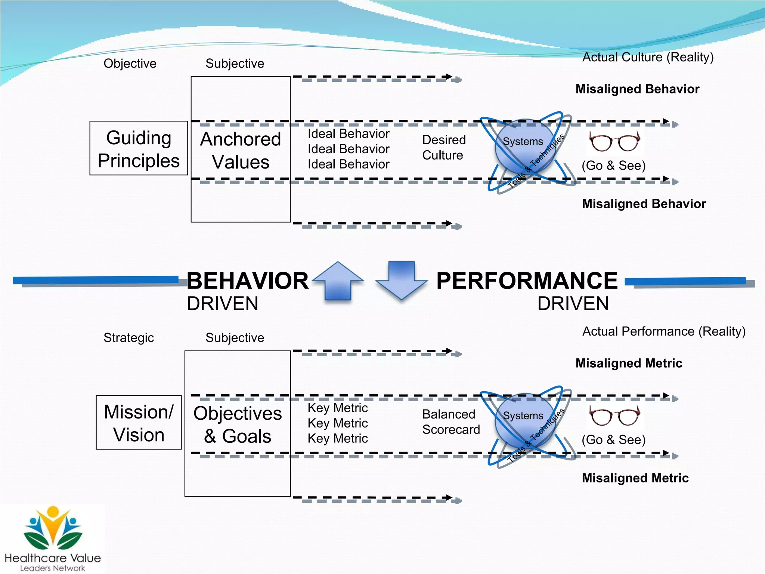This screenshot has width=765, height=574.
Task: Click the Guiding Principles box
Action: click(139, 148)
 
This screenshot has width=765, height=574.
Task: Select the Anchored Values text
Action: click(241, 150)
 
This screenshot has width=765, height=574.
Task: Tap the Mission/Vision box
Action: click(139, 423)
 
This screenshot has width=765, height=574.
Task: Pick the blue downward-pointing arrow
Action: click(402, 280)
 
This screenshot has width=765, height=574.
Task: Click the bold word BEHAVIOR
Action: click(247, 281)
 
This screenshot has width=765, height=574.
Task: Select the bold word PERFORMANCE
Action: click(527, 281)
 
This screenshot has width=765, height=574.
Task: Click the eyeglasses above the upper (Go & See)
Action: click(614, 142)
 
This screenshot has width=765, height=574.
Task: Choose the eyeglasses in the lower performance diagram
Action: click(614, 416)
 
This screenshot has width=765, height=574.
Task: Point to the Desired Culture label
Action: click(444, 148)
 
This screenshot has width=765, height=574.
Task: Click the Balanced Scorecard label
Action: click(451, 422)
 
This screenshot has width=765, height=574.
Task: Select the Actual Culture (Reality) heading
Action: click(648, 57)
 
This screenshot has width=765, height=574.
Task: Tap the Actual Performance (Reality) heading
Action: click(664, 331)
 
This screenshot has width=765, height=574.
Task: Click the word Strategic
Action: click(128, 338)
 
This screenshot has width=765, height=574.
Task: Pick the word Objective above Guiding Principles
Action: click(130, 64)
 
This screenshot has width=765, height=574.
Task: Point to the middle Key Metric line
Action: click(338, 423)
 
